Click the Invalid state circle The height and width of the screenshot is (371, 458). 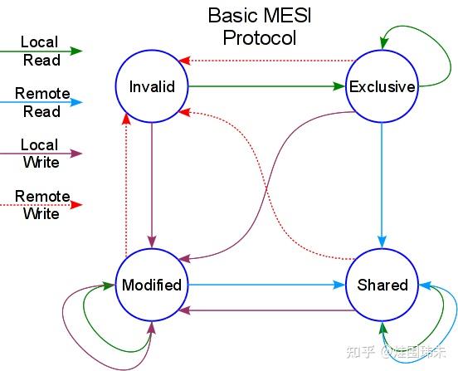152,85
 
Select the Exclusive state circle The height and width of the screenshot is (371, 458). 382,85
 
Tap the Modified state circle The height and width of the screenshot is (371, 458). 152,285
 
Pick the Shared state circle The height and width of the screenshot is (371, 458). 382,285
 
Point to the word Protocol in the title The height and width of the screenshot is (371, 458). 259,37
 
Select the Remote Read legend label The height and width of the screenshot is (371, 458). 42,102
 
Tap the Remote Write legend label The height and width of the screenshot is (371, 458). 42,205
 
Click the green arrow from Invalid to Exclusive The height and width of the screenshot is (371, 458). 266,85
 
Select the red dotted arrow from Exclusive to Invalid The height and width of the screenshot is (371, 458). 266,61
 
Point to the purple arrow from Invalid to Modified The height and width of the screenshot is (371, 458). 152,183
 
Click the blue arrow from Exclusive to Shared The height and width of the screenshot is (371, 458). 382,183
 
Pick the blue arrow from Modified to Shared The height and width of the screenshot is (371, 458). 266,285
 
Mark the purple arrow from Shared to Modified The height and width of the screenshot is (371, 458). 266,310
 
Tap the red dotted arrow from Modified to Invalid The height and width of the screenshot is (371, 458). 126,183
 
